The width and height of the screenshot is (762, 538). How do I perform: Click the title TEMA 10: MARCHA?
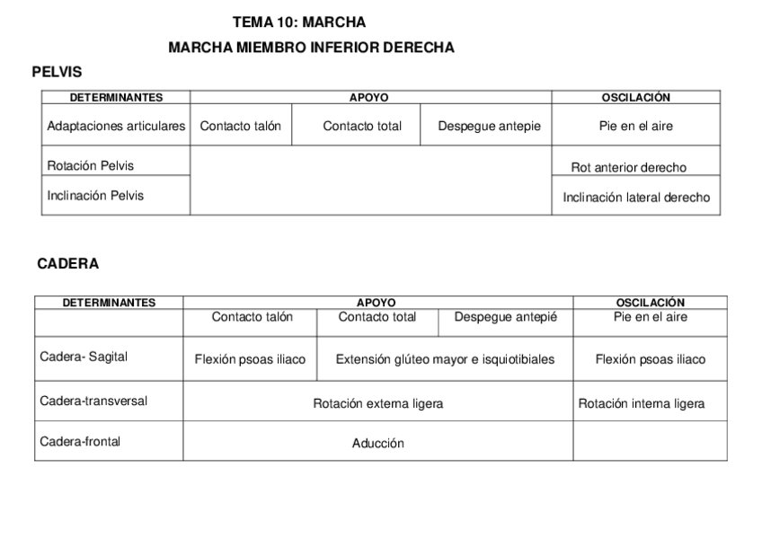point(299,22)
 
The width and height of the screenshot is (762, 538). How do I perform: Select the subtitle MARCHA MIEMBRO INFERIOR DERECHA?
point(311,48)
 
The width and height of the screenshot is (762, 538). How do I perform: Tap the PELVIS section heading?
point(58,72)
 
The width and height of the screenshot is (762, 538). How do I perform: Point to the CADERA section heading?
point(68,264)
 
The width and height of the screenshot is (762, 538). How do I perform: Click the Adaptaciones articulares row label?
point(116,127)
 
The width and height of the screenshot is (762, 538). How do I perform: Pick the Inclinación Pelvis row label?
point(95,195)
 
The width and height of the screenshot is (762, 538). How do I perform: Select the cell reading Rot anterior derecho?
point(628,168)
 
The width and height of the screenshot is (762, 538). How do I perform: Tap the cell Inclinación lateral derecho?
point(636,198)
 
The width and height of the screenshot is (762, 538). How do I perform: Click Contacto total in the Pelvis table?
point(362,127)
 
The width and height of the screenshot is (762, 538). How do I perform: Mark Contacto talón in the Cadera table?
point(252,317)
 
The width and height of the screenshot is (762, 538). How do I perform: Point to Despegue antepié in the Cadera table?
point(505,317)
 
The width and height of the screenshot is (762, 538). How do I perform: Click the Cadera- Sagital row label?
point(84,357)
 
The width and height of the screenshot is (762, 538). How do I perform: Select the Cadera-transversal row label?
point(93,401)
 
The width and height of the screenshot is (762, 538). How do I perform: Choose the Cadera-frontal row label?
point(80,441)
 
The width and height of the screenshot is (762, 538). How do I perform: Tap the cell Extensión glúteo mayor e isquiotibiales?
point(445,359)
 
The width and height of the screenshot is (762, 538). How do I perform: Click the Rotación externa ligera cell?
point(377,404)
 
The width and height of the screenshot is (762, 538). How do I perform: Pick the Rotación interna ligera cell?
point(641,404)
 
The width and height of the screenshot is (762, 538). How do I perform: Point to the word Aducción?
point(377,443)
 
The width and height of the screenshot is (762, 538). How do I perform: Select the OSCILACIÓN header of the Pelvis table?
point(635,97)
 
